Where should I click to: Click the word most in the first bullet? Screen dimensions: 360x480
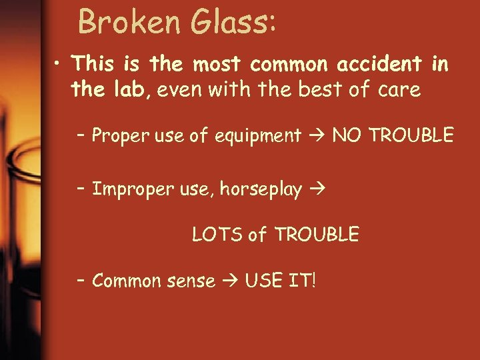point(217,64)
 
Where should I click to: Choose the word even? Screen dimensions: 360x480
point(183,90)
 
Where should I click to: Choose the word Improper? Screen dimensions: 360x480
point(131,190)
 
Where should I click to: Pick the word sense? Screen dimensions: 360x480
point(191,281)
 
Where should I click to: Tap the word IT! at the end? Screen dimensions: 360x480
point(301,280)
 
